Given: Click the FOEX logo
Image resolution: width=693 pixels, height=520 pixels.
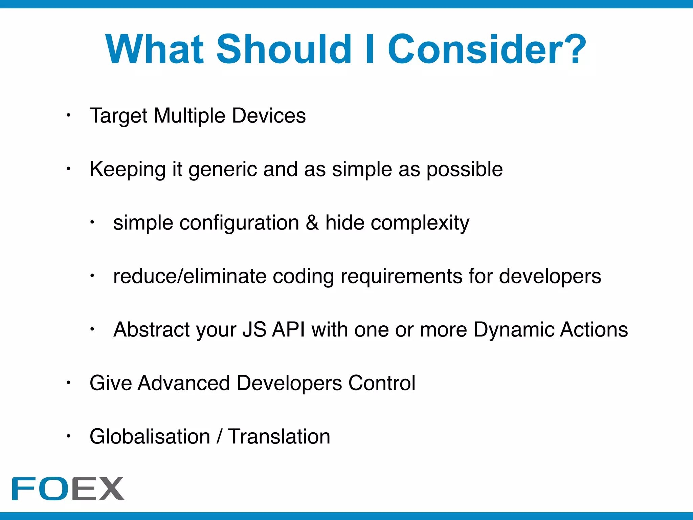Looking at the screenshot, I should (68, 488).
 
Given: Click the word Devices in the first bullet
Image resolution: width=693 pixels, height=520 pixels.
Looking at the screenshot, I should (269, 116).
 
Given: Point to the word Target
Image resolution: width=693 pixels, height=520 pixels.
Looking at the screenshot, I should (118, 116).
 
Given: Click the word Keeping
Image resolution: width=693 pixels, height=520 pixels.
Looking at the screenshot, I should (128, 169).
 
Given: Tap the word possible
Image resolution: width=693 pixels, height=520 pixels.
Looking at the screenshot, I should (465, 169).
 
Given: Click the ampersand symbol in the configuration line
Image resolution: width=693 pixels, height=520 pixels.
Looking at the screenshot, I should (312, 223).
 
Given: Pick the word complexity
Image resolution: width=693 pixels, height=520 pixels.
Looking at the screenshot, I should (420, 223).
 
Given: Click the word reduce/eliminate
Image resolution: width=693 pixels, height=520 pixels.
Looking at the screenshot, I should (190, 276).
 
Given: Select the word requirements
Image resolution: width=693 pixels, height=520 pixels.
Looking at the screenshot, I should (402, 276).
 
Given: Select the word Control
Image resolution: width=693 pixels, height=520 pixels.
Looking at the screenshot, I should (382, 383).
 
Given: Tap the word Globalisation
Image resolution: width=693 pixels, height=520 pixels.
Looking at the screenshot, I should (150, 437).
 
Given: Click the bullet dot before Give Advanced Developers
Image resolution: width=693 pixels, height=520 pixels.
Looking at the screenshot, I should (68, 383).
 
